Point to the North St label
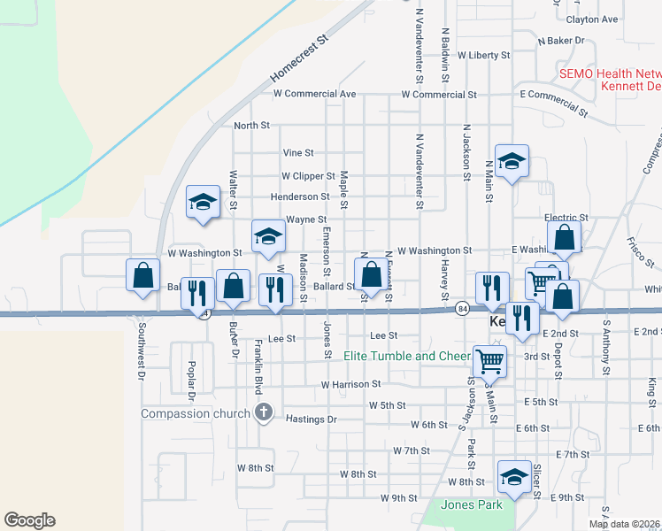point(251,127)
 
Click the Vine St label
point(298,153)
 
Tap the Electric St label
point(566,218)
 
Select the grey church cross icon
point(263,412)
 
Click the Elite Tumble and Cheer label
point(406,357)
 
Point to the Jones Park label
point(473,505)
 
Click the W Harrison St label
point(350,385)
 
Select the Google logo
point(29,520)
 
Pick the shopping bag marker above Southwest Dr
point(142,276)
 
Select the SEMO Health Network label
point(610,73)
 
